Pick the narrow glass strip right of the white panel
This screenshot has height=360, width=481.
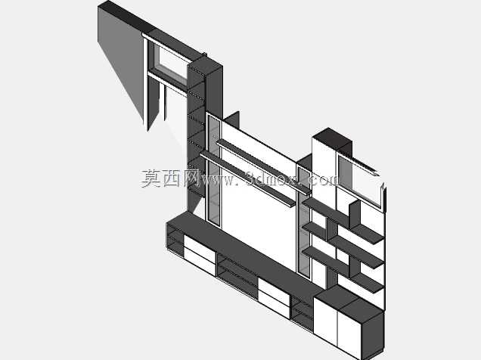click(x=304, y=221)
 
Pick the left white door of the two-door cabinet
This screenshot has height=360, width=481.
click(x=325, y=322)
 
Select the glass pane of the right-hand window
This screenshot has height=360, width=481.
click(x=359, y=181)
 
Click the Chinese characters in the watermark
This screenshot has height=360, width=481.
click(x=169, y=178)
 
